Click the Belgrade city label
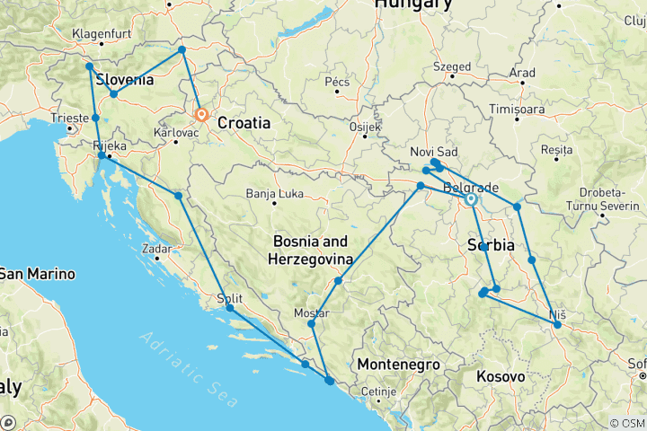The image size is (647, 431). point(471,187)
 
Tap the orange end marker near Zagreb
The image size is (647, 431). point(201,115)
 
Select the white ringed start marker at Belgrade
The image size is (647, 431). point(471,199)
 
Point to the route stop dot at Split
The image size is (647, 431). point(231,308)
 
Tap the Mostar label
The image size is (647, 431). point(312,313)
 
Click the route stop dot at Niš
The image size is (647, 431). point(557,325)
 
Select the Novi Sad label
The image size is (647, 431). point(434,151)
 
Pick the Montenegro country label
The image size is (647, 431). point(398,365)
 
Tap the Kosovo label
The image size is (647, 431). point(501,377)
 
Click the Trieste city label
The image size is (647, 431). point(71,118)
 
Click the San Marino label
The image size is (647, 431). point(37,273)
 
